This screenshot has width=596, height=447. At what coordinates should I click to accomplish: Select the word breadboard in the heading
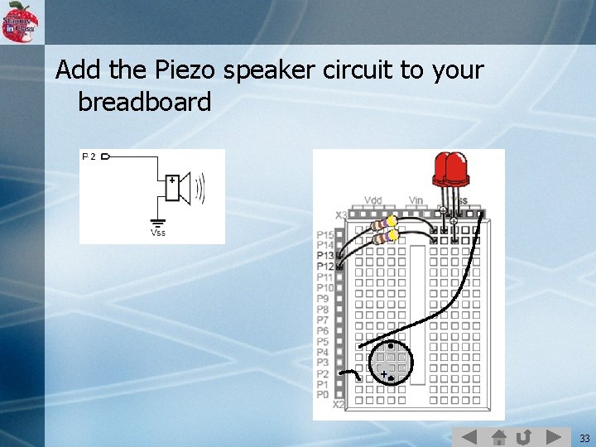(144, 103)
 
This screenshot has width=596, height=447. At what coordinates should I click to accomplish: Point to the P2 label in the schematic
(89, 156)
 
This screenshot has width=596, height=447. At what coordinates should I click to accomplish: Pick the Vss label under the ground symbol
(157, 233)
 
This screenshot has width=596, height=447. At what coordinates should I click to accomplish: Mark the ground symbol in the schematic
(157, 222)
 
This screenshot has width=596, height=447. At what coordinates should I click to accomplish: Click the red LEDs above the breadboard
(450, 169)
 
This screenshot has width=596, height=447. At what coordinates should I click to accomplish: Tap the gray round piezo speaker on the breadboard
(390, 362)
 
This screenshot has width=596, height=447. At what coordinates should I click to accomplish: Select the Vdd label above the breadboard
(373, 200)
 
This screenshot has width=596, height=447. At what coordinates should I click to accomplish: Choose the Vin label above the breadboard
(416, 200)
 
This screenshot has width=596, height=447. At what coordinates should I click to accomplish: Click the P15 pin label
(324, 235)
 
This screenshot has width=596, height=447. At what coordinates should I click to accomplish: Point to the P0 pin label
(323, 395)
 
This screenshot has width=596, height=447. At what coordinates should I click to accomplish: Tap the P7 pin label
(323, 320)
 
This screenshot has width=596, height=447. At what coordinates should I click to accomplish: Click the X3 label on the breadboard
(341, 216)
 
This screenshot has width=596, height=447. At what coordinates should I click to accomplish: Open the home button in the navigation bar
(497, 436)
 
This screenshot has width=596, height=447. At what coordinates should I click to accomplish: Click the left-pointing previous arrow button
(469, 436)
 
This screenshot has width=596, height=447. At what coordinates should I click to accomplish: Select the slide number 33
(584, 438)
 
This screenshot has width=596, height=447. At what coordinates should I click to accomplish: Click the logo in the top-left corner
(21, 22)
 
